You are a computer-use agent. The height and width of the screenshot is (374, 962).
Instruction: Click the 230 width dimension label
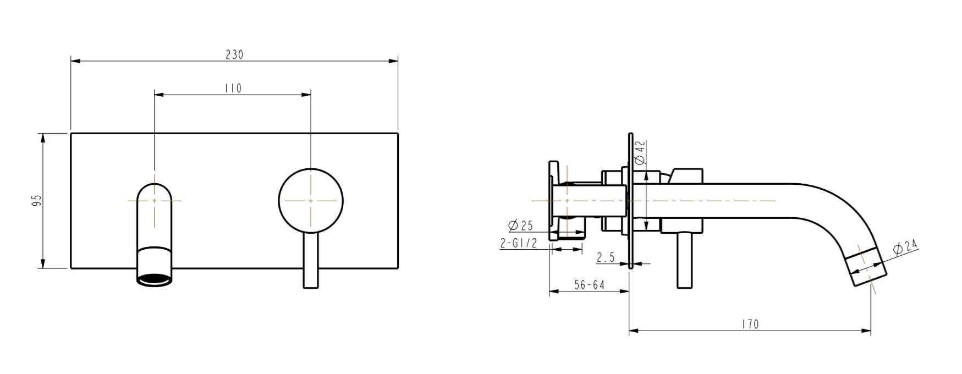tap(234, 54)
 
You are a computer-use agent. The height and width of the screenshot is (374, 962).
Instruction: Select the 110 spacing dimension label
tap(233, 89)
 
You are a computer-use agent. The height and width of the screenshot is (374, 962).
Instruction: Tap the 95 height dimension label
tap(37, 200)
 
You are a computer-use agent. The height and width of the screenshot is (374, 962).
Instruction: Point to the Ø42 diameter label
tap(640, 153)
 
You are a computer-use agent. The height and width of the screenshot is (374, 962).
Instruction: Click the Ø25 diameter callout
tap(520, 226)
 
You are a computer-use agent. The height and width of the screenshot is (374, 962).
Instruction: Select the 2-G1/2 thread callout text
tap(518, 243)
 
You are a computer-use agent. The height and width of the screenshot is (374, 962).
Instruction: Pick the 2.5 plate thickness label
tap(606, 257)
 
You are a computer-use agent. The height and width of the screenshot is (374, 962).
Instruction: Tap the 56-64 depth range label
tap(589, 285)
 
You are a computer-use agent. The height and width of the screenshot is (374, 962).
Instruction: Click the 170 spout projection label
tap(750, 324)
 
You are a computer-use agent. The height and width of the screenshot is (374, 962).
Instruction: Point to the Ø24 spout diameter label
tap(906, 248)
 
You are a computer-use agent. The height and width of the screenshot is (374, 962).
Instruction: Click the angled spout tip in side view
tap(867, 266)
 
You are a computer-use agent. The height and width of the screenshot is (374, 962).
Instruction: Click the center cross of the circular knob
tap(311, 201)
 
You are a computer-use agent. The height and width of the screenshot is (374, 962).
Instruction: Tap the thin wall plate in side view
tap(630, 201)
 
